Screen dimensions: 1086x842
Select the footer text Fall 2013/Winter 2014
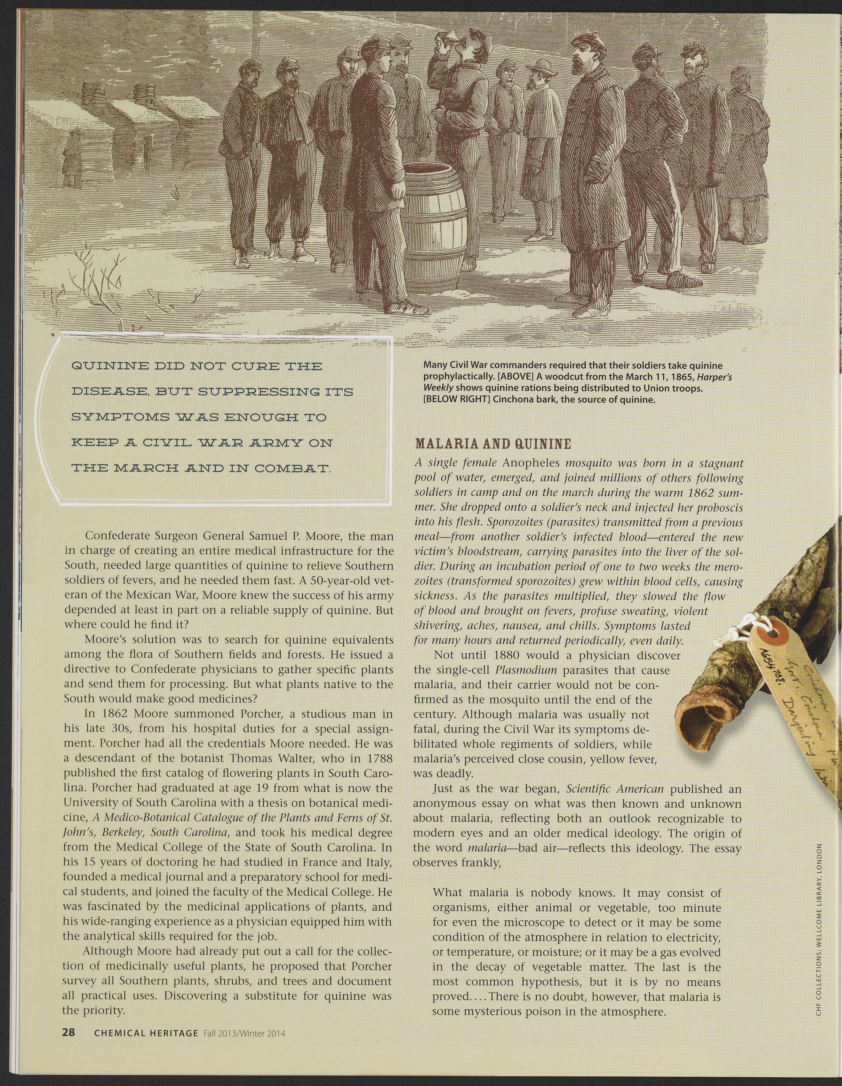point(244,1033)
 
